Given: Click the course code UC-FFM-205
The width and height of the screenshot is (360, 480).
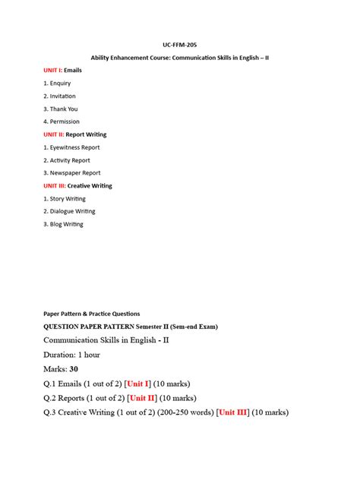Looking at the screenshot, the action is tap(180, 45).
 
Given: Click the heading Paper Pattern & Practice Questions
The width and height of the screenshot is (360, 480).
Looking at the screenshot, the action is tap(91, 314).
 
